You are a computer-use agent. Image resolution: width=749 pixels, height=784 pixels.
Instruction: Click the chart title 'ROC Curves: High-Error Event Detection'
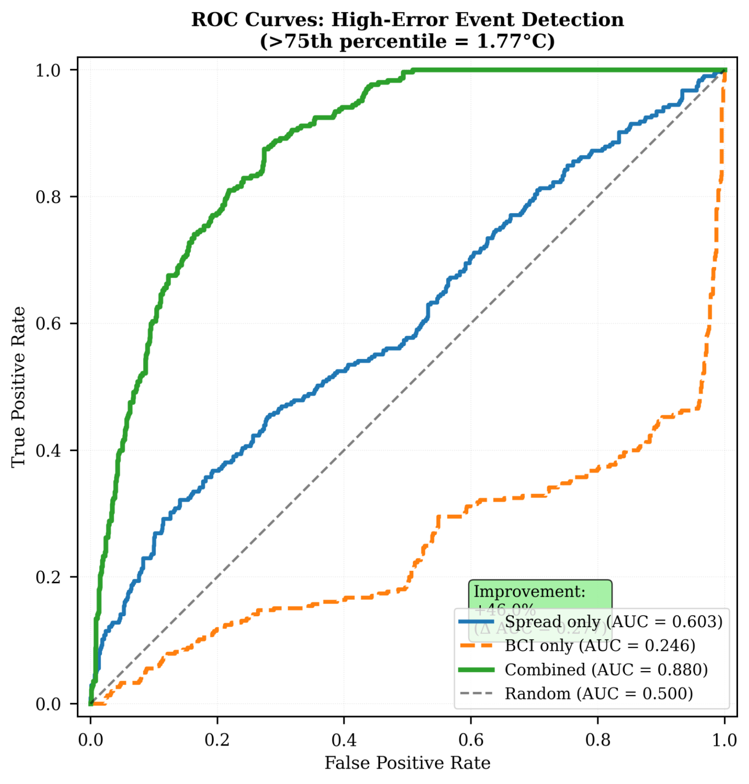point(407,20)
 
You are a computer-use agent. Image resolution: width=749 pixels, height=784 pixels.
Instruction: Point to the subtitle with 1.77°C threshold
point(407,41)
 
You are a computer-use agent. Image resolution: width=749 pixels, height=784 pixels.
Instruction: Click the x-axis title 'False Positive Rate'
point(407,763)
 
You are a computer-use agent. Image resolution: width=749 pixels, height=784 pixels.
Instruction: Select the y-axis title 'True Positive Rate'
point(19,387)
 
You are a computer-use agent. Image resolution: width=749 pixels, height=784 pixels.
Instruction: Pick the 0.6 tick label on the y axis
point(48,323)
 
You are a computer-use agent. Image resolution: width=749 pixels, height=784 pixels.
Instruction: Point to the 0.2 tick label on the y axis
point(48,577)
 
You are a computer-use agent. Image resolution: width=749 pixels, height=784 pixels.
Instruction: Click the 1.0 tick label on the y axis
point(48,70)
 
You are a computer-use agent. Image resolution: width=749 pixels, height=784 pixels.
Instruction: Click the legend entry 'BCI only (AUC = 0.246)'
point(600,646)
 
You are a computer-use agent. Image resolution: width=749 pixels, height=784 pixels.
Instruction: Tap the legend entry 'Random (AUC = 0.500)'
point(599,694)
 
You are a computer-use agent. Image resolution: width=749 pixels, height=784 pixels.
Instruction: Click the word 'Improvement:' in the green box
point(530,592)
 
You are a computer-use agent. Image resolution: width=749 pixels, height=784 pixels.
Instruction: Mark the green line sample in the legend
point(476,670)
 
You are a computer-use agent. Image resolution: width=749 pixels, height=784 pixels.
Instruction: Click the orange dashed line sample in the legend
point(476,646)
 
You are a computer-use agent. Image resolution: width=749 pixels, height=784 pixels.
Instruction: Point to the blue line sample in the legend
point(476,622)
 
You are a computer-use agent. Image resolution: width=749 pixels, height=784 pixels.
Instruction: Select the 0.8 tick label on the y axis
point(48,197)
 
